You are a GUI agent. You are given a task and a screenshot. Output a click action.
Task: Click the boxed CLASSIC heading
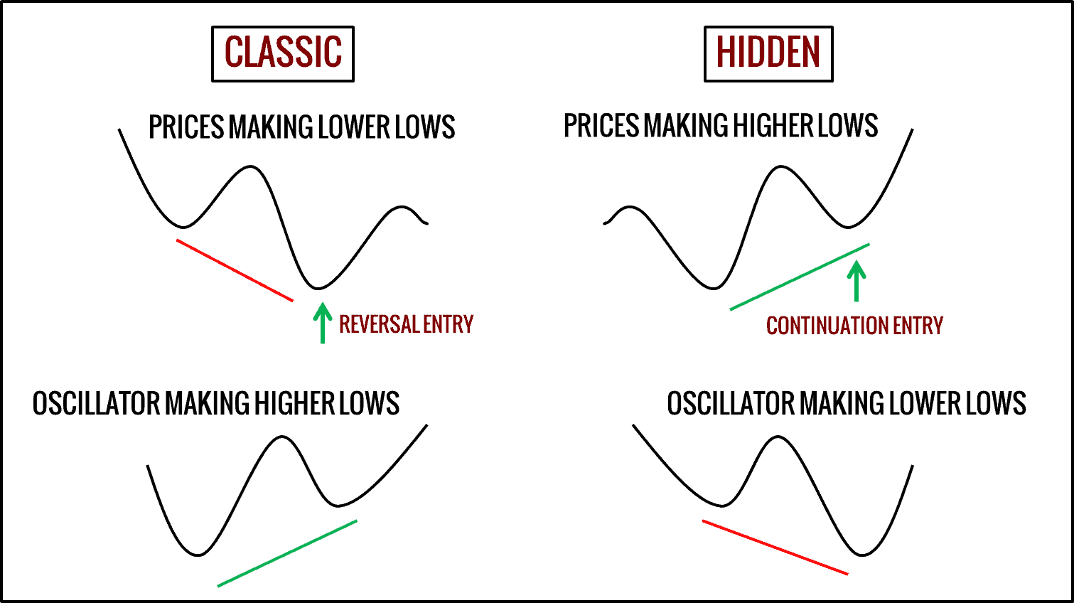[283, 54]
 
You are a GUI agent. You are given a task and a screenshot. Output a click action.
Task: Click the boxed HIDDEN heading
[768, 54]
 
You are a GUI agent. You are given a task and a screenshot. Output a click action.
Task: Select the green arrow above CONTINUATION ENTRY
[856, 281]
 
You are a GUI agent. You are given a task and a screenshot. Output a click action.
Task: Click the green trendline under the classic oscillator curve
[287, 553]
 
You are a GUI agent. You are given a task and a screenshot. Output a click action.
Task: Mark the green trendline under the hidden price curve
[799, 277]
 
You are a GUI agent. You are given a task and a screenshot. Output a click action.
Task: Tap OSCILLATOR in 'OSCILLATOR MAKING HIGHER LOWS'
[97, 404]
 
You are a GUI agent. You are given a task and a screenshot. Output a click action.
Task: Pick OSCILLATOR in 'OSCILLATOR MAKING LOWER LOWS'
[731, 404]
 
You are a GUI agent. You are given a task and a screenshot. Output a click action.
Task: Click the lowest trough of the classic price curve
[319, 288]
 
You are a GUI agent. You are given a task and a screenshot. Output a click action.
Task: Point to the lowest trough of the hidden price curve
[714, 288]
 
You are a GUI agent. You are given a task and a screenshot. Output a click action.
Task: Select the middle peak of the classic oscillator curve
[282, 437]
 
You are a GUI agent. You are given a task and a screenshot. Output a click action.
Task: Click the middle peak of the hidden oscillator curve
[778, 437]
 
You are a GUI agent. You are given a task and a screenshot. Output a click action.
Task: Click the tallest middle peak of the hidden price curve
[781, 167]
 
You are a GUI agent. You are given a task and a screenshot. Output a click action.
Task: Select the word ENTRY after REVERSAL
[448, 324]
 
